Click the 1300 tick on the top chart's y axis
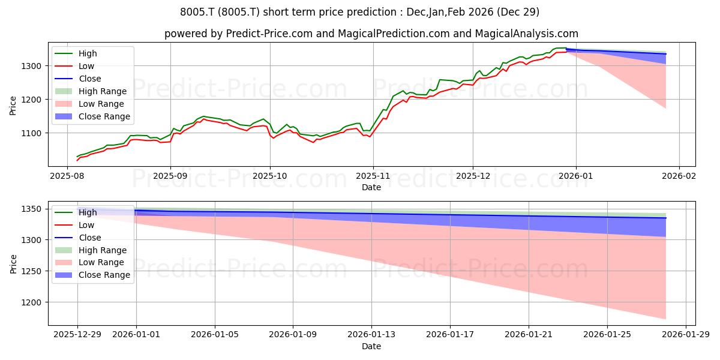pyautogui.click(x=31, y=66)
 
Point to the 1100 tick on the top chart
pyautogui.click(x=31, y=133)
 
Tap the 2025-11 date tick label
pyautogui.click(x=373, y=176)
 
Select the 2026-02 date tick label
pyautogui.click(x=679, y=176)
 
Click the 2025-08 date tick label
pyautogui.click(x=67, y=176)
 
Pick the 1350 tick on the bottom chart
pyautogui.click(x=31, y=209)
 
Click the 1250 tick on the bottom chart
pyautogui.click(x=31, y=272)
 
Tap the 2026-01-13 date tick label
pyautogui.click(x=371, y=335)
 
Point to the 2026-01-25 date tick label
pyautogui.click(x=607, y=335)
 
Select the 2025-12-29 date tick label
pyautogui.click(x=77, y=335)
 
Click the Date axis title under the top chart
pyautogui.click(x=371, y=187)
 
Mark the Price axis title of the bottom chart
pyautogui.click(x=13, y=264)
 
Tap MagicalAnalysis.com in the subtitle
pyautogui.click(x=527, y=34)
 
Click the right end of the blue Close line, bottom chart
pyautogui.click(x=666, y=218)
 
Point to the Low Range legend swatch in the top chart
pyautogui.click(x=64, y=104)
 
